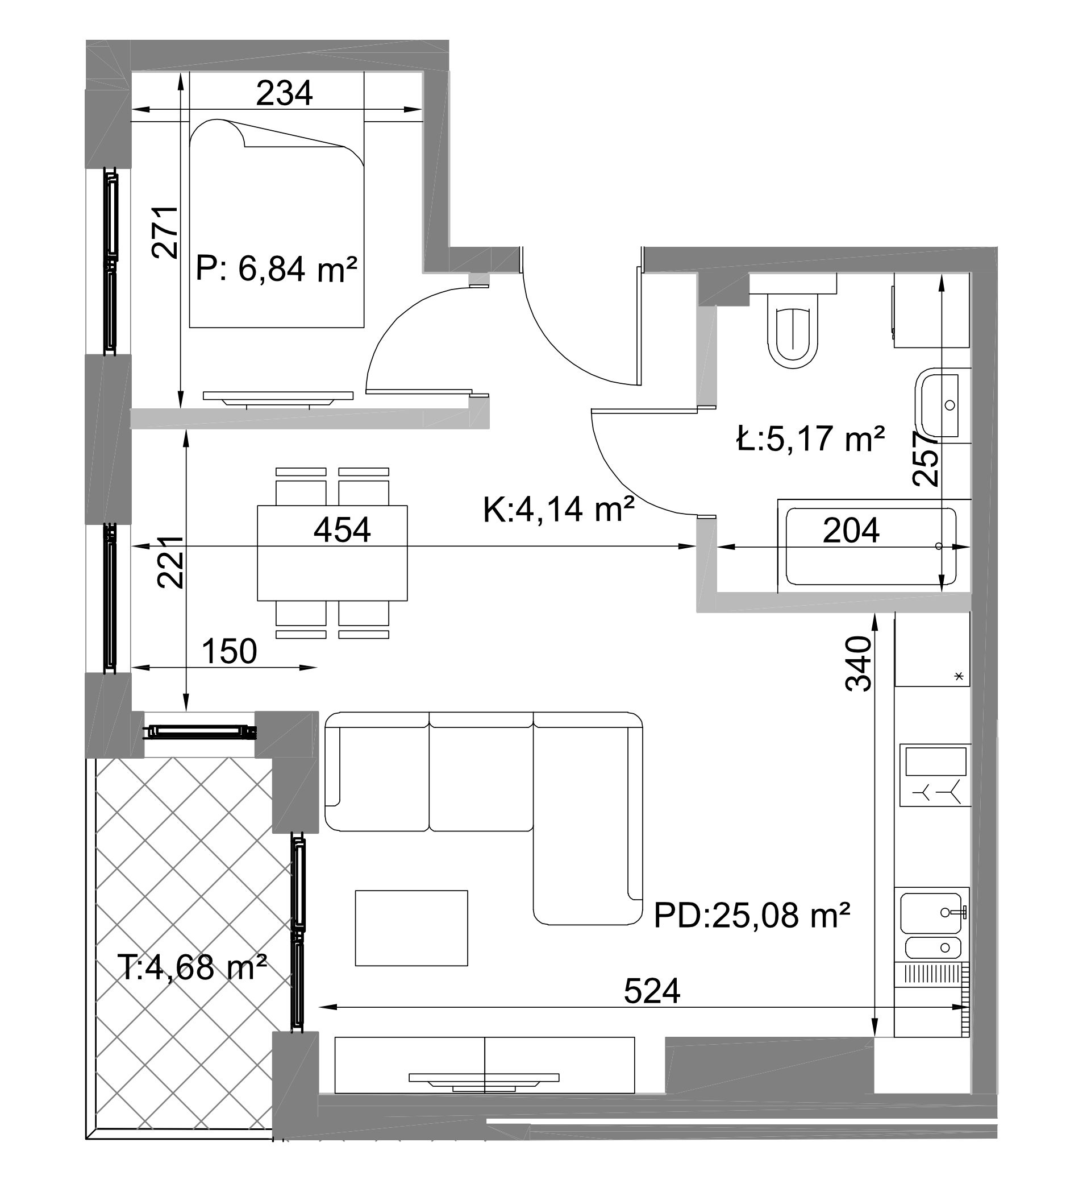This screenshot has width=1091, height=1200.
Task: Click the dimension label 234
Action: coord(284,93)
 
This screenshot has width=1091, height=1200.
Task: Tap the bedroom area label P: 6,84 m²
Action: coord(277,269)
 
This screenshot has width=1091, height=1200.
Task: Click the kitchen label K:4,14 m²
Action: coord(559,510)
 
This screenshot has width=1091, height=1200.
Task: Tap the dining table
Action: coord(332,553)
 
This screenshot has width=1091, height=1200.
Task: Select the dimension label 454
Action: coord(342,529)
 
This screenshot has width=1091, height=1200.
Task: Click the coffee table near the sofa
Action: coord(411,928)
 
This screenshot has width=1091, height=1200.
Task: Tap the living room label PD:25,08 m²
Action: coord(752,916)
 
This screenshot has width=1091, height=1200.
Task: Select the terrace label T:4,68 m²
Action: coord(191,967)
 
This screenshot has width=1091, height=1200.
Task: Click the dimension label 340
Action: coord(859,663)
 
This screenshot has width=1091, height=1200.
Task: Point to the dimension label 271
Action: coord(165,232)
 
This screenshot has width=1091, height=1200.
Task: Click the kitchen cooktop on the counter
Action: coord(935,775)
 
